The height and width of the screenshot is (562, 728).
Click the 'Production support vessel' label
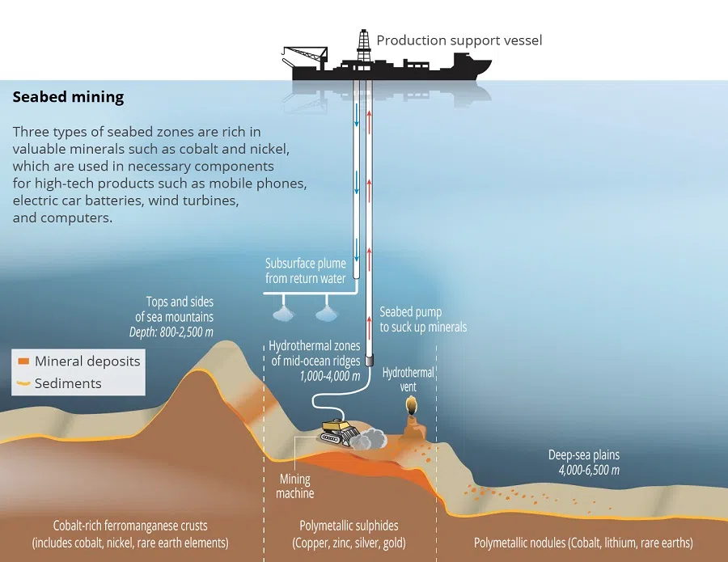[459, 40]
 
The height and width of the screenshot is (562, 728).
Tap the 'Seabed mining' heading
[68, 98]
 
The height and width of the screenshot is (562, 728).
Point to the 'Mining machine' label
[294, 486]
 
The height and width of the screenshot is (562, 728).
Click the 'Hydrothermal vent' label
[410, 380]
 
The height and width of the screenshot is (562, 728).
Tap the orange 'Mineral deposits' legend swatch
[23, 361]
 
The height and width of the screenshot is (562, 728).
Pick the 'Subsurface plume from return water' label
[306, 271]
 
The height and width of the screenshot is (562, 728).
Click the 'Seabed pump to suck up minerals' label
[423, 319]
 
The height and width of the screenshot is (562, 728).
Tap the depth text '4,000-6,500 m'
[589, 470]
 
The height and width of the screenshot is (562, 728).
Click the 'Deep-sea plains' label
[583, 454]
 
